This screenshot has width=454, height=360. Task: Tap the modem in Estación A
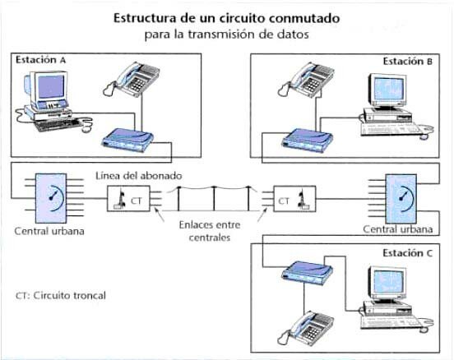pos(126,141)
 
